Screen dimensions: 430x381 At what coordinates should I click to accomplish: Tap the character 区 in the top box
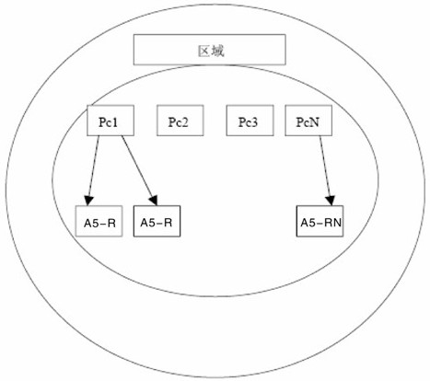pos(203,51)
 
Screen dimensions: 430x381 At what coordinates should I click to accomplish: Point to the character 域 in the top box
pos(217,51)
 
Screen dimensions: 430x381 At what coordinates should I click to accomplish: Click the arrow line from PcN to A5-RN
pos(326,170)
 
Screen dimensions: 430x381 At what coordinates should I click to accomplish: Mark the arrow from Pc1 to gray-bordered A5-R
pos(93,170)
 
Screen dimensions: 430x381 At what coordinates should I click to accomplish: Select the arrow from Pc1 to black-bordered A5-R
pos(140,170)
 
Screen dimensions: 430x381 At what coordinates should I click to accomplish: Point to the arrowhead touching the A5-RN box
pos(331,201)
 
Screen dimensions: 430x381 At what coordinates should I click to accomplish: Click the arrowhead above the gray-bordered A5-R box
pos(88,201)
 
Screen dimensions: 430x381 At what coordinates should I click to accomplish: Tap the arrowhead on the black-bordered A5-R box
pos(154,201)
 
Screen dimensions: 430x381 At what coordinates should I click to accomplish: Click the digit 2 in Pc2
pos(184,122)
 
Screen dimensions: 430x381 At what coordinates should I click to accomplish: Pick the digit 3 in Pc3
pos(253,122)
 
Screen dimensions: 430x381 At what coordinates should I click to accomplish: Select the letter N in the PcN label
pos(314,122)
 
